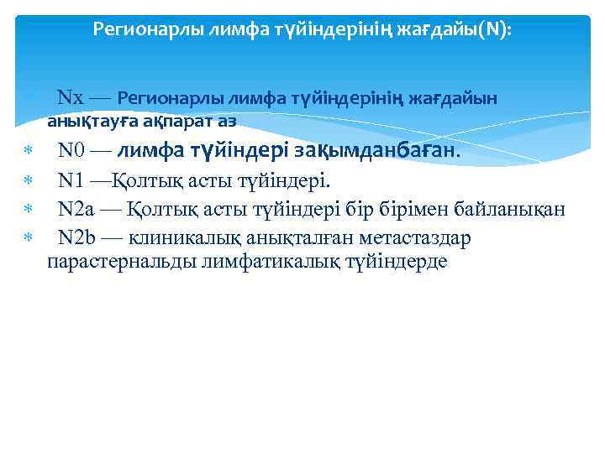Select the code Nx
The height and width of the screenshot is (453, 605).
70,98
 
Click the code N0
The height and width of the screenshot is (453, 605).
72,151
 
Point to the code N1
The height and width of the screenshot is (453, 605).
71,180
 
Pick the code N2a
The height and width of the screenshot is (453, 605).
77,209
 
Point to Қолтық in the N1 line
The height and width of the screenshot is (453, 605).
140,180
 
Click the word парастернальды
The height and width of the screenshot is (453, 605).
122,261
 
